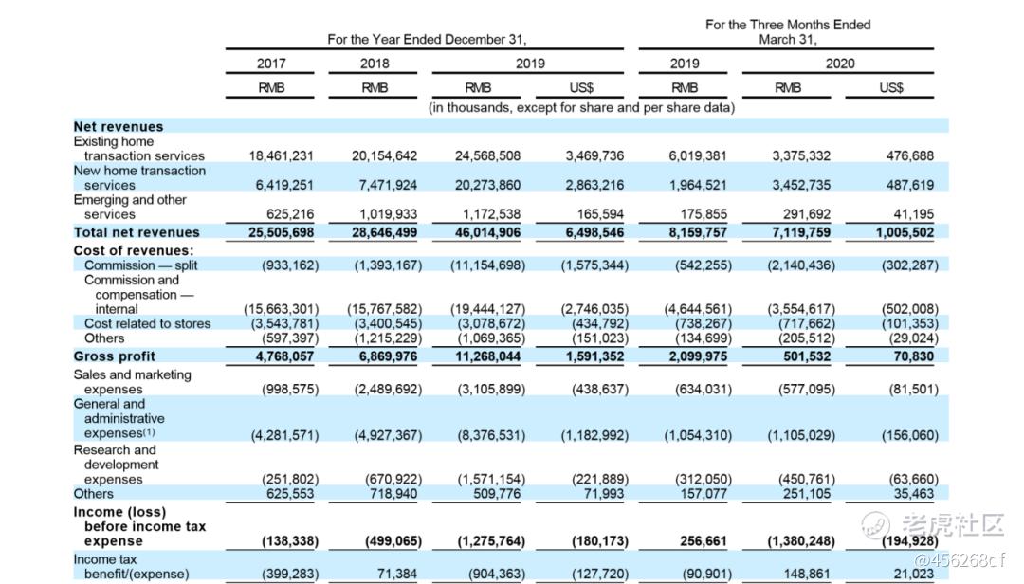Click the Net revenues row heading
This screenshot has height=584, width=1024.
119,127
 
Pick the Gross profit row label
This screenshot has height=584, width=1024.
114,356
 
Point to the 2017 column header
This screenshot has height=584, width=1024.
271,64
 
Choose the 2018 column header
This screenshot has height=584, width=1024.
375,64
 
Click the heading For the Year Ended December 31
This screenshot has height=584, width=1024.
427,40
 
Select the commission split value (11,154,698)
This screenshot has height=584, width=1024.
487,265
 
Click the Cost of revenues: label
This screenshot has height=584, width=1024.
134,251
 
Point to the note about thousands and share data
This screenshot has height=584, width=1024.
581,108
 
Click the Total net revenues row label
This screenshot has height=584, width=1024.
137,232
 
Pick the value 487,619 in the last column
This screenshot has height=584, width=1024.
909,186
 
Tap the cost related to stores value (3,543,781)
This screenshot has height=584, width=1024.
281,324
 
